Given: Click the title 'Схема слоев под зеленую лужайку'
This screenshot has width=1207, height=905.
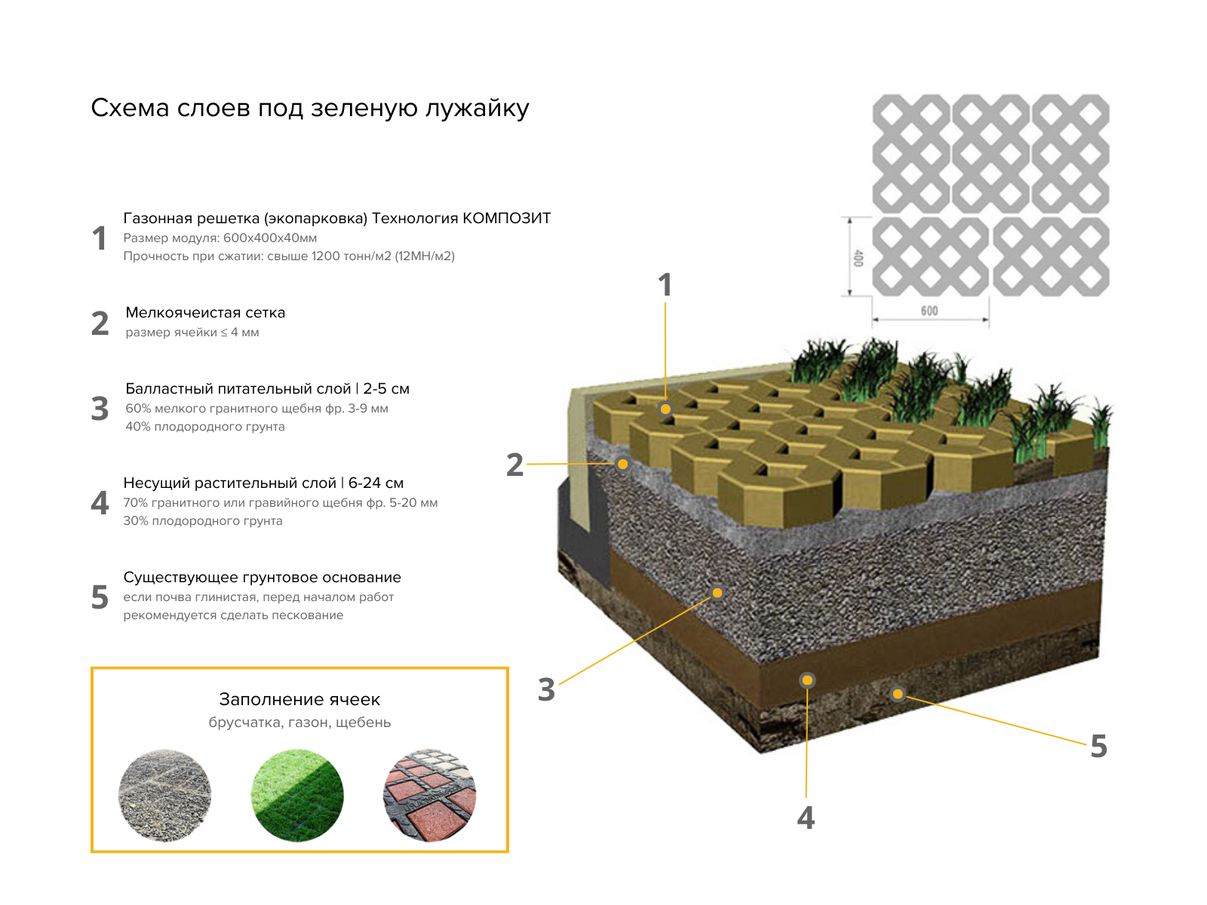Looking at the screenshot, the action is [x=309, y=109].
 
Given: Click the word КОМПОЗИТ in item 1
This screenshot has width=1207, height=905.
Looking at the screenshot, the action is [x=506, y=218].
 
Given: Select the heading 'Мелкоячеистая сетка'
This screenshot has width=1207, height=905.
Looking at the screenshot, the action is [x=205, y=313].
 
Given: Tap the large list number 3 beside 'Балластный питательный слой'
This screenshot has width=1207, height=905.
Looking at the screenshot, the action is [x=100, y=408].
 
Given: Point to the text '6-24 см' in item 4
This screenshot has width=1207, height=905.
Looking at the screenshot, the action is [x=376, y=483].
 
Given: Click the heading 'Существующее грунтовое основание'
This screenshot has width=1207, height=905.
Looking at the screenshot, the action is [x=262, y=578].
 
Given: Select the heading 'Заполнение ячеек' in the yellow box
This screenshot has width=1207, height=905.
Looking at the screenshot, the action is [x=299, y=699].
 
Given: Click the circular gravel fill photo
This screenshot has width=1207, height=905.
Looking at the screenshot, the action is [x=165, y=795].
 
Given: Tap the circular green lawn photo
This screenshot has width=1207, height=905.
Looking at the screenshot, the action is [x=297, y=795].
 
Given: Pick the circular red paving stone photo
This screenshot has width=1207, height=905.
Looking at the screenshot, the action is [x=429, y=795].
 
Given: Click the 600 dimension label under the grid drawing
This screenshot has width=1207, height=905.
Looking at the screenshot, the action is [x=929, y=311].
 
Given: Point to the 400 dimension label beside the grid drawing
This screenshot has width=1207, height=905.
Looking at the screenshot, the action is [x=858, y=258].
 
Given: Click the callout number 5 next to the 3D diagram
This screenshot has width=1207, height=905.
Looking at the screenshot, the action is [x=1098, y=746].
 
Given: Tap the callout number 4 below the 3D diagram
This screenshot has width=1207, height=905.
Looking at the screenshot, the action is [x=806, y=817].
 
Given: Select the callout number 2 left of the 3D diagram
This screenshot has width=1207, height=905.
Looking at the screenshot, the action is [x=514, y=465].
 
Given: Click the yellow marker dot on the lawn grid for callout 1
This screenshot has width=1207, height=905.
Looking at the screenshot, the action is [x=665, y=409].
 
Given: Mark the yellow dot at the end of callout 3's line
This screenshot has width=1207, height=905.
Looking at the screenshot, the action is [x=717, y=593].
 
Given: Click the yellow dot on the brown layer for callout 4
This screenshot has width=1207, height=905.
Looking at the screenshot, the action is [x=807, y=680].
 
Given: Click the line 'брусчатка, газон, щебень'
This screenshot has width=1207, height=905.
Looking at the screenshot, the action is [x=299, y=722].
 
